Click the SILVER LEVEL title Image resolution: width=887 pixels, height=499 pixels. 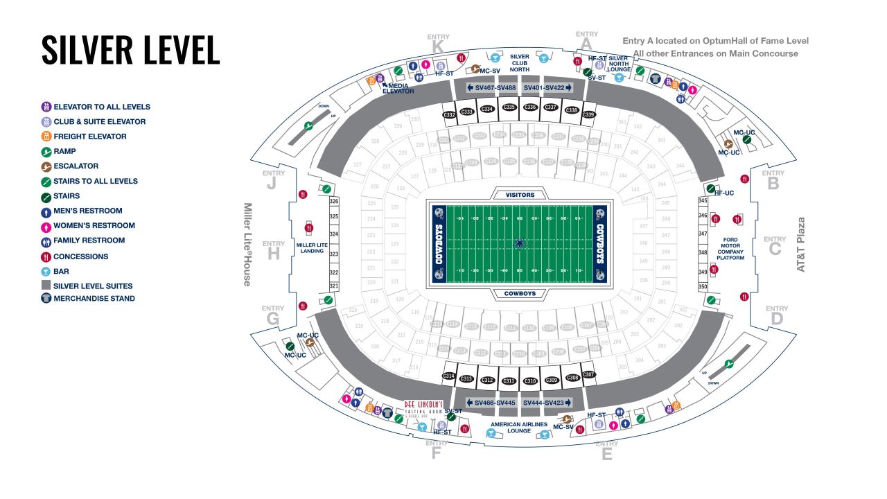[x=130, y=49]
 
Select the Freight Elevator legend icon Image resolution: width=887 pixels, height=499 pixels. [x=46, y=137]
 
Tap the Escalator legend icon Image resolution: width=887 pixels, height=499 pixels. [x=46, y=166]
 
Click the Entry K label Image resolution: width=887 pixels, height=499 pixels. [x=438, y=46]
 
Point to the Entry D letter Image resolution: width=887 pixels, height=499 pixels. [x=777, y=319]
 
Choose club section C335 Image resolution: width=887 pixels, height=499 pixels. [x=509, y=107]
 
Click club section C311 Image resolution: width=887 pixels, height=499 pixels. [x=509, y=380]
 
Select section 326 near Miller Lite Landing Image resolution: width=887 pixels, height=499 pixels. [x=334, y=202]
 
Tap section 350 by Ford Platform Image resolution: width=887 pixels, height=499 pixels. [x=703, y=287]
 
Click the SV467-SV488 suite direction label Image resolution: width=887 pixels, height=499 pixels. [x=491, y=88]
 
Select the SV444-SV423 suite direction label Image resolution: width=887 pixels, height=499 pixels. [x=547, y=403]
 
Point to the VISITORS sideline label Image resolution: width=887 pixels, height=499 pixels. [x=520, y=195]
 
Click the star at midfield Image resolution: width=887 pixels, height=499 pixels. [x=520, y=243]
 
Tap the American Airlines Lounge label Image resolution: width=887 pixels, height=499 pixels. [x=519, y=428]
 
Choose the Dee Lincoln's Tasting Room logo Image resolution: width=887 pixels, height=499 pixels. [x=424, y=406]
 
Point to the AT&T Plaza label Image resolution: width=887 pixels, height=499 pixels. [x=802, y=244]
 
